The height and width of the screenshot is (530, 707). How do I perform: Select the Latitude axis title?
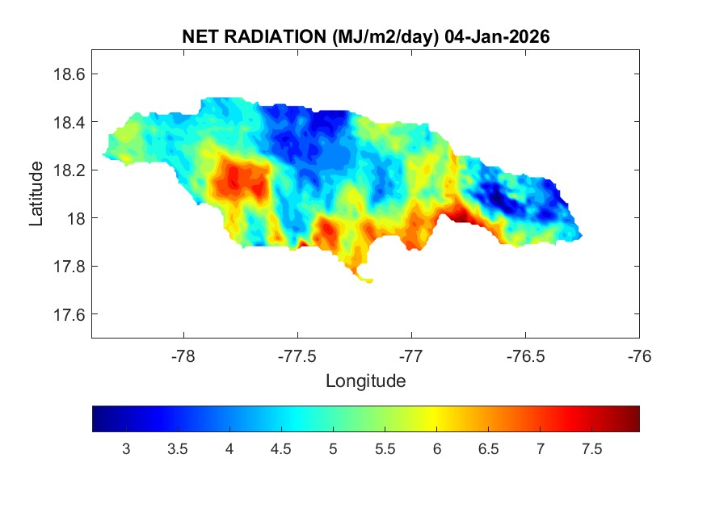point(36,193)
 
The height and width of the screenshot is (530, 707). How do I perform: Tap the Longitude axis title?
point(365,381)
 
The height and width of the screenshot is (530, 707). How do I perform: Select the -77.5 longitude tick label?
point(297,355)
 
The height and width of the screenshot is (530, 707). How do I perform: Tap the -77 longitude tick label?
point(411,355)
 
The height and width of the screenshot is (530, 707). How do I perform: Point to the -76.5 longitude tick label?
point(525,355)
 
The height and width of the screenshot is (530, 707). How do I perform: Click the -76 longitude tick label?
point(639,355)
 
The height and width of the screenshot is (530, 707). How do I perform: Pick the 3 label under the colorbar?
point(126,449)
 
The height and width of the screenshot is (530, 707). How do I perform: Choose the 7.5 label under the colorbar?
point(592,449)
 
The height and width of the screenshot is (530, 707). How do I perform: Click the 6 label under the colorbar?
point(436,449)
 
